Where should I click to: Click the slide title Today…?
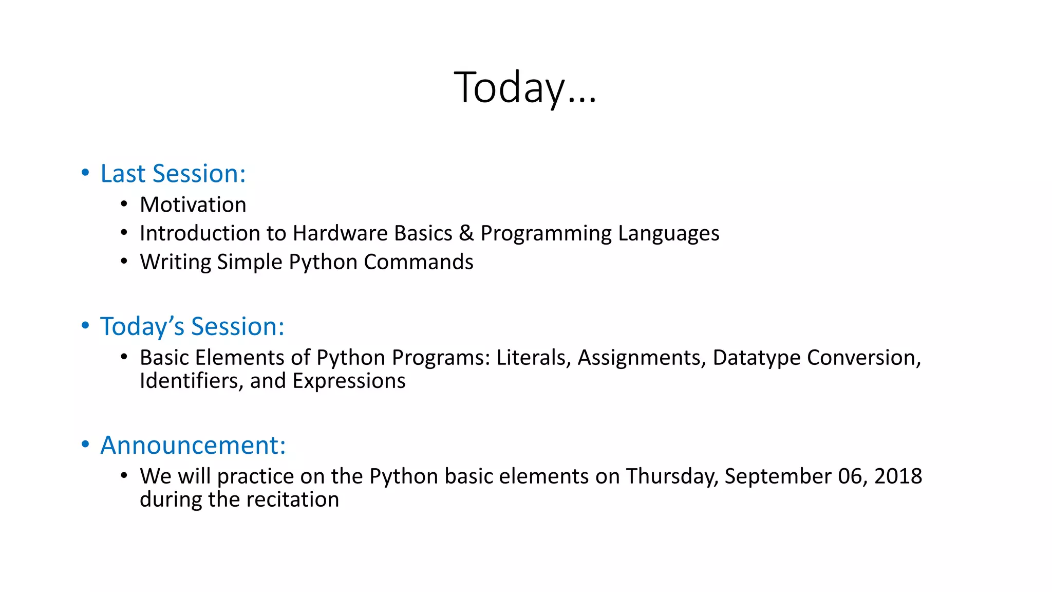525,87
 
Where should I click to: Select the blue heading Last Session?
173,174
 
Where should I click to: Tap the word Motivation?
193,205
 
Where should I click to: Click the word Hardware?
365,233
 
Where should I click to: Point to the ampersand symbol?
466,233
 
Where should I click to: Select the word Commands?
419,262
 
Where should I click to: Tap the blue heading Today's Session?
192,326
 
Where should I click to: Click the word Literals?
534,358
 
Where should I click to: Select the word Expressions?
349,381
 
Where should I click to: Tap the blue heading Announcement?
193,445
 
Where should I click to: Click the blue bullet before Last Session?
85,173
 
